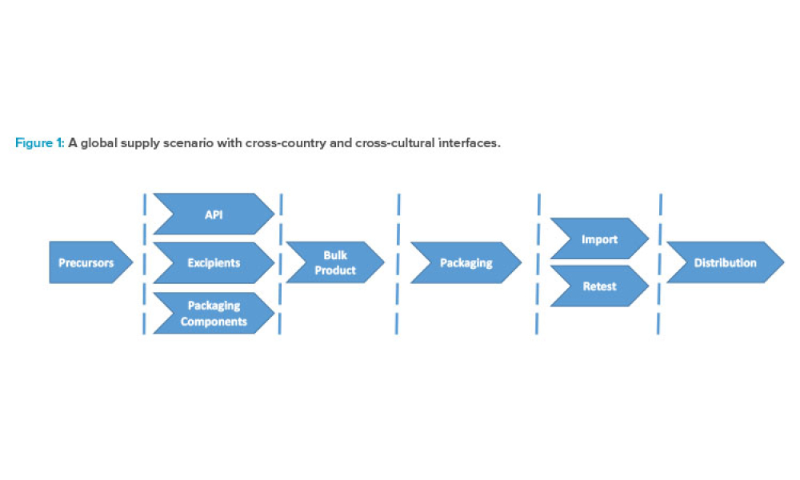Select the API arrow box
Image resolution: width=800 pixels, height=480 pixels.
pyautogui.click(x=214, y=214)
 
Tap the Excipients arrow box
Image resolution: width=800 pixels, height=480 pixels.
pyautogui.click(x=214, y=262)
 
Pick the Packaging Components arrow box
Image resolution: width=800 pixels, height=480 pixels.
pyautogui.click(x=214, y=313)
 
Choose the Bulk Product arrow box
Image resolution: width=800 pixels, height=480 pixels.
pyautogui.click(x=334, y=262)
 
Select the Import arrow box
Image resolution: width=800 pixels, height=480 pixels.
pyautogui.click(x=599, y=238)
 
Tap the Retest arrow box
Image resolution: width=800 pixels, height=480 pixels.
pyautogui.click(x=599, y=286)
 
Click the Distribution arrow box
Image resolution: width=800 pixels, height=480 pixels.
pyautogui.click(x=724, y=262)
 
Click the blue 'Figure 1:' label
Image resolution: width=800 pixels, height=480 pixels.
pyautogui.click(x=39, y=143)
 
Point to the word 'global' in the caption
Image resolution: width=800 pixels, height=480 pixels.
pyautogui.click(x=98, y=143)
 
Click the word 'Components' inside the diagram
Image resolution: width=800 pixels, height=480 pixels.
pyautogui.click(x=214, y=322)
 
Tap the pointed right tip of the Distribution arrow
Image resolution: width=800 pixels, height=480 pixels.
pyautogui.click(x=782, y=262)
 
